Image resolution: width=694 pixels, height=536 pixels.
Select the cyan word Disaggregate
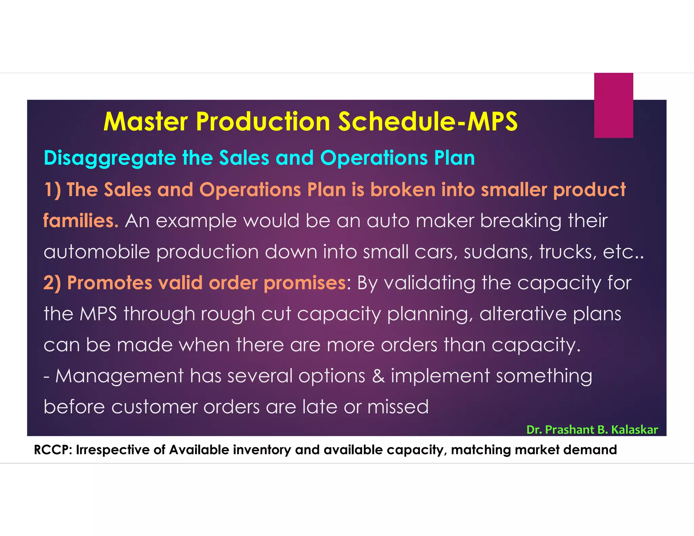[110, 158]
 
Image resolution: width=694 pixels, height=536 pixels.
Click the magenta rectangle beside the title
[613, 105]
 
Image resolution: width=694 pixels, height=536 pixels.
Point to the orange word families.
[81, 221]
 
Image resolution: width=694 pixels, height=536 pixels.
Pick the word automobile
[97, 252]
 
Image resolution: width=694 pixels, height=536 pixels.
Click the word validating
[429, 283]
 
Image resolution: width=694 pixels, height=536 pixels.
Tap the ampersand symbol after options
[378, 376]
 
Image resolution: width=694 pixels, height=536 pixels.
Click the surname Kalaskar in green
[634, 430]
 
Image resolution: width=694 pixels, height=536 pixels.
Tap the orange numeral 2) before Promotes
[52, 283]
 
